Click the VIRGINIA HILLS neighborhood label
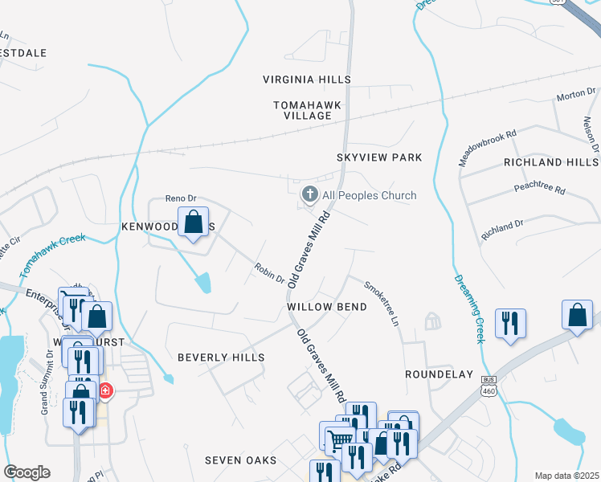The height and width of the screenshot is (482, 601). pos(307,80)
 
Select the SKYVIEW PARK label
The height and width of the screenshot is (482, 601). pos(379,157)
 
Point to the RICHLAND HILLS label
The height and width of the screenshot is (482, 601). pos(550,161)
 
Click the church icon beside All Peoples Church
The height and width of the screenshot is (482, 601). pos(309,194)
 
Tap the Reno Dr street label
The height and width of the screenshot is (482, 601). pos(180,198)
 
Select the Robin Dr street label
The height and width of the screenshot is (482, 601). pos(269,273)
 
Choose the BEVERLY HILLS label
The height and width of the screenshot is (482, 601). pos(220,357)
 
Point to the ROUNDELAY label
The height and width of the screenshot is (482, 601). pos(435,374)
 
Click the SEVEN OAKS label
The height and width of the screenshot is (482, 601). pos(240,460)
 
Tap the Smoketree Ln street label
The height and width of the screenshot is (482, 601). pos(381,302)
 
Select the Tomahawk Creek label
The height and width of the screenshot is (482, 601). pos(52,247)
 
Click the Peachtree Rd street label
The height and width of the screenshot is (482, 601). pos(540,190)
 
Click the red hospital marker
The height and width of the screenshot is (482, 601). pos(105,391)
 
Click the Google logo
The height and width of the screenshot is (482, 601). pos(27,472)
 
